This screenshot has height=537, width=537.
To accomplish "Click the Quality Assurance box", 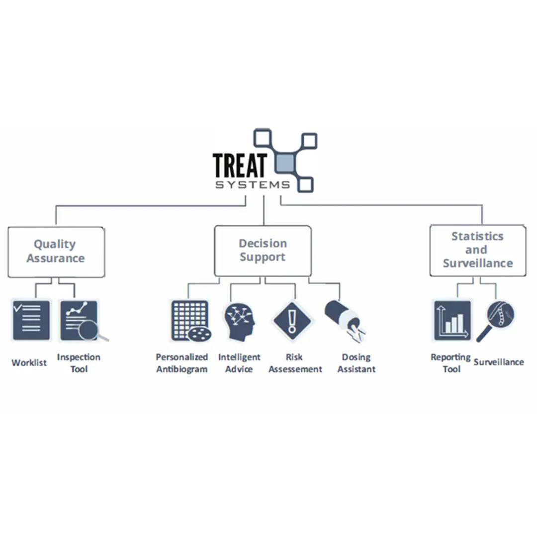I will (x=56, y=252).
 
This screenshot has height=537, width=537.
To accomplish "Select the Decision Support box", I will (x=263, y=251).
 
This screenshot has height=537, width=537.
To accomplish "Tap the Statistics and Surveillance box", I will (x=477, y=250).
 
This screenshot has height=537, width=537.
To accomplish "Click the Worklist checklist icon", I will (x=31, y=320).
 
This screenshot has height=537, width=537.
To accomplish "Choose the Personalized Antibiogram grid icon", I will (x=189, y=321).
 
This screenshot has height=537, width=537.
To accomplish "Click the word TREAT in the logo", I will (x=240, y=165).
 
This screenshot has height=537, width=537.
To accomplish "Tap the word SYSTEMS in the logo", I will (x=252, y=185).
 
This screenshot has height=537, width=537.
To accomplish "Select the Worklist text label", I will (x=29, y=362).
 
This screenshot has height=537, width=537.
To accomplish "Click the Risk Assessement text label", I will (x=295, y=363).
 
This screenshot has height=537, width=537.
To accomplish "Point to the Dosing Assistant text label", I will (x=356, y=363).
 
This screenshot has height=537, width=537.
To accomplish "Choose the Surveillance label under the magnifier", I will (x=499, y=362).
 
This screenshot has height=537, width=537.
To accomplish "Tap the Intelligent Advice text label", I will (x=239, y=363).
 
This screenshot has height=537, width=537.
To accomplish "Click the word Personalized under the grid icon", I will (x=182, y=357).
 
